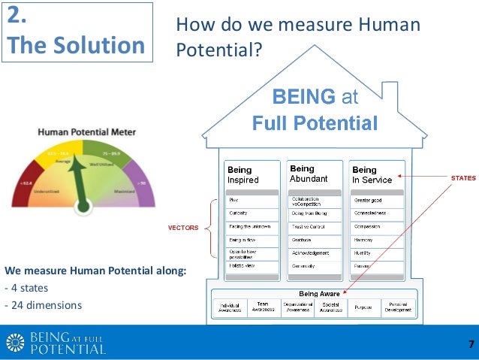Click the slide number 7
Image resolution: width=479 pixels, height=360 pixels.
click(471, 344)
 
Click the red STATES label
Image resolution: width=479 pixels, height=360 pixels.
click(462, 178)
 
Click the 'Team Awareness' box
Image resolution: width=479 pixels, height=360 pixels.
click(263, 306)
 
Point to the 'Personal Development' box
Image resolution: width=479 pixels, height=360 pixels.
click(398, 306)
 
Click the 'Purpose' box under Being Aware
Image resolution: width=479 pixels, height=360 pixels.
click(363, 306)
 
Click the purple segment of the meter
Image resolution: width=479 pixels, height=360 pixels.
click(142, 184)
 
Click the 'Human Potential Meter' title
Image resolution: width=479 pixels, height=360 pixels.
click(87, 132)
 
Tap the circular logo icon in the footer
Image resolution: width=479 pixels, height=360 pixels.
click(15, 343)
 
